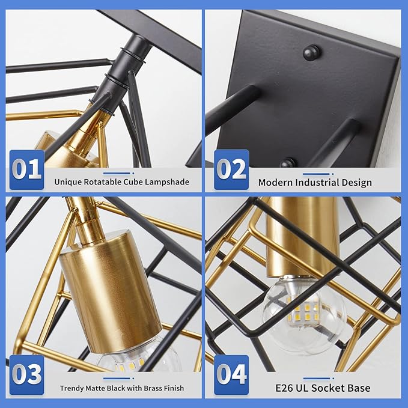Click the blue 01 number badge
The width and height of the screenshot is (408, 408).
27,169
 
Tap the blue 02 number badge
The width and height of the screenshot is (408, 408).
231,169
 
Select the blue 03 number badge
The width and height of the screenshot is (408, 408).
27,375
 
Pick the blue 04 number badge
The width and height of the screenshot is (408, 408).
231,375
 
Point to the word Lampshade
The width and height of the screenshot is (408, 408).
167,182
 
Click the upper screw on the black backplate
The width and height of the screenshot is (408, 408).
311,52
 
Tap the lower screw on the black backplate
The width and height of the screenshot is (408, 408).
288,163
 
